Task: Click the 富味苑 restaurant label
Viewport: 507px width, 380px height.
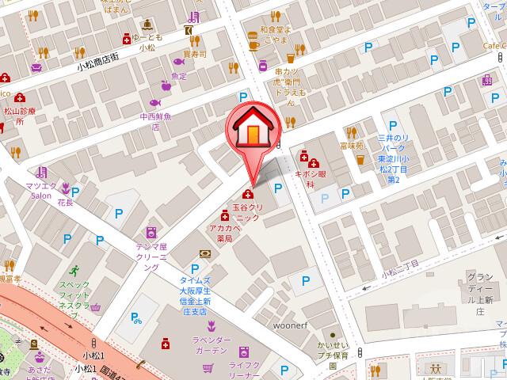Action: [351, 146]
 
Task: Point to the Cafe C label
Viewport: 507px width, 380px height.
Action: [486, 45]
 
